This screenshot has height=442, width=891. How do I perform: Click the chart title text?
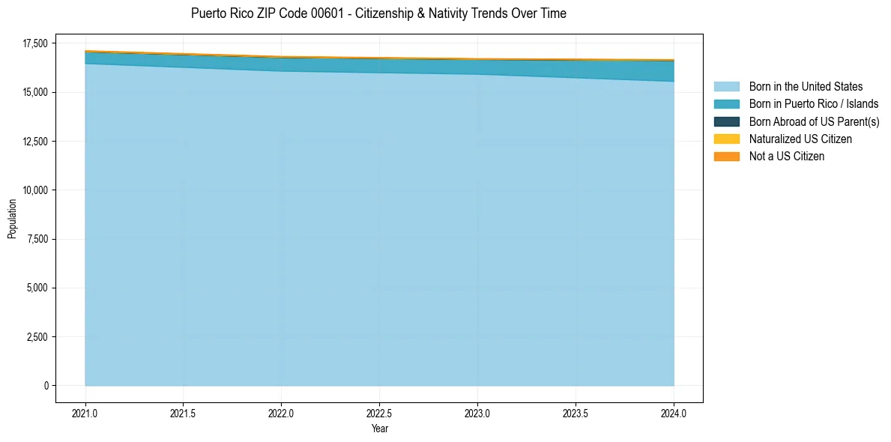coord(378,13)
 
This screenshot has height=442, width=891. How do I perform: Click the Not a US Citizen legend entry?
coord(786,157)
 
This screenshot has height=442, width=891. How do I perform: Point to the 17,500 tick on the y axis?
coord(34,43)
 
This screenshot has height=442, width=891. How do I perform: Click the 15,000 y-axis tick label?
coord(34,92)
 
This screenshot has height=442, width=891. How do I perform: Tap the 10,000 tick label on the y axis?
coord(34,190)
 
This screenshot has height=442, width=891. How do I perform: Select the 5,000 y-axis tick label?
coord(37,288)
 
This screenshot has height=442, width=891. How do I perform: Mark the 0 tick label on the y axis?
coord(46,386)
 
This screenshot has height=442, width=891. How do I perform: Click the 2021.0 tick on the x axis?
coord(85,413)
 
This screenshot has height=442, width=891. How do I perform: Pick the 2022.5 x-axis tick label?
coord(380,413)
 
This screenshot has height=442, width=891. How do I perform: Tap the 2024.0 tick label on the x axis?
coord(674,413)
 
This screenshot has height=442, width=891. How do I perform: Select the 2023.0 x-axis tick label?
coord(477,413)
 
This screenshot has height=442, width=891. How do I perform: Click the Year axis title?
coord(379,429)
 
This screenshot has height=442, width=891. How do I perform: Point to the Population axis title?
coord(12,218)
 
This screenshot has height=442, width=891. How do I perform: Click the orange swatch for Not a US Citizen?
coord(726,157)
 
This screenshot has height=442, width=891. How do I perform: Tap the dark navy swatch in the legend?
coord(726,121)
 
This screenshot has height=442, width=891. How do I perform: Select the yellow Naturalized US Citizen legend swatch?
coord(726,139)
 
